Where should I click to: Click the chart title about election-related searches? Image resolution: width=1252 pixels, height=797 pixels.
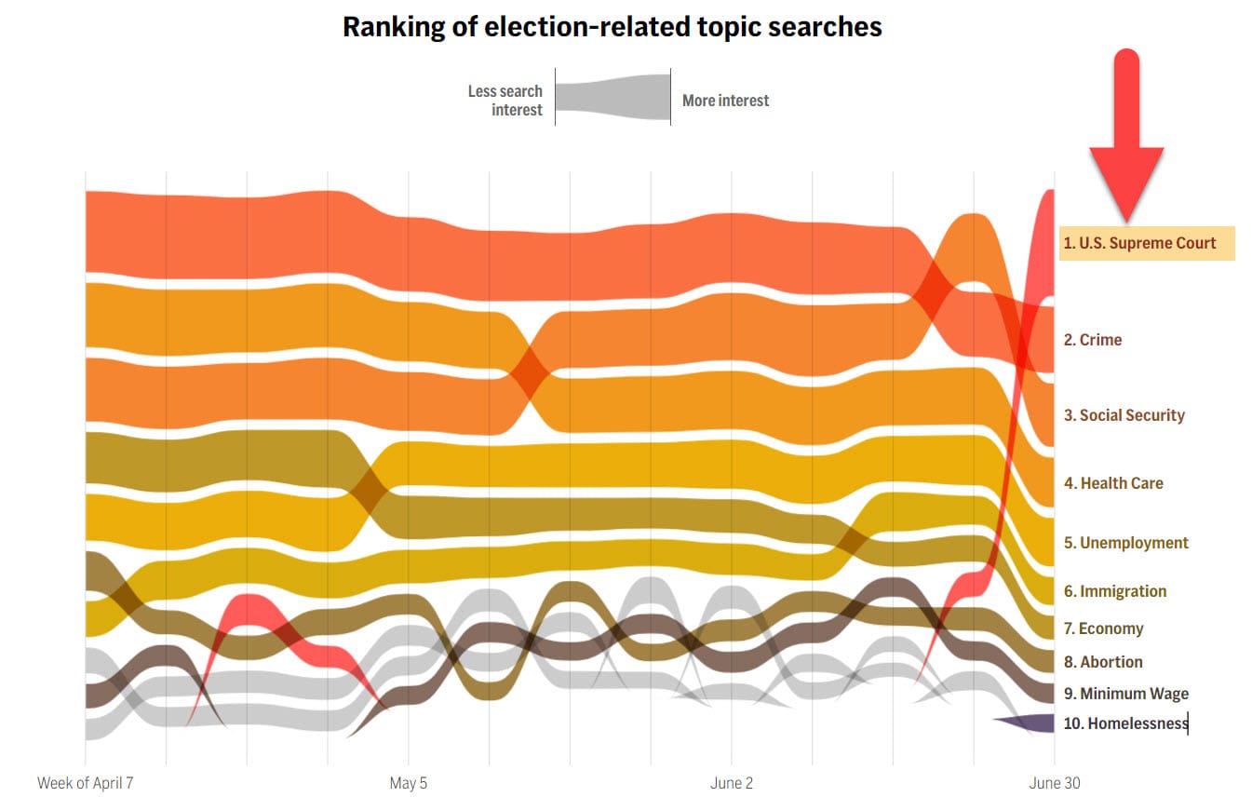click(x=612, y=27)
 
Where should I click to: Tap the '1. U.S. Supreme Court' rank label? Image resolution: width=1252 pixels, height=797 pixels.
click(x=1140, y=243)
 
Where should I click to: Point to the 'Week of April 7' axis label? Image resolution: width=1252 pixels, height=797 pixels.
click(x=86, y=783)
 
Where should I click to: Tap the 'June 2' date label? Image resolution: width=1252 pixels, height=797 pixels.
click(x=732, y=783)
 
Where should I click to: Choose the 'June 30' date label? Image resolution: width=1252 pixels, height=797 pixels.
click(x=1055, y=783)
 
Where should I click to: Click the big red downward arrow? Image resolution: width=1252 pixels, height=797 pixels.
click(x=1126, y=140)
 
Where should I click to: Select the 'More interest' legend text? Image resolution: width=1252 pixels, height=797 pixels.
click(x=725, y=101)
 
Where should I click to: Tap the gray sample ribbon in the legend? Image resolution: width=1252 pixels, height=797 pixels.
click(x=613, y=98)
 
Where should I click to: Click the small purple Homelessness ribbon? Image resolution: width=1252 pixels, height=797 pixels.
click(x=1033, y=723)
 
